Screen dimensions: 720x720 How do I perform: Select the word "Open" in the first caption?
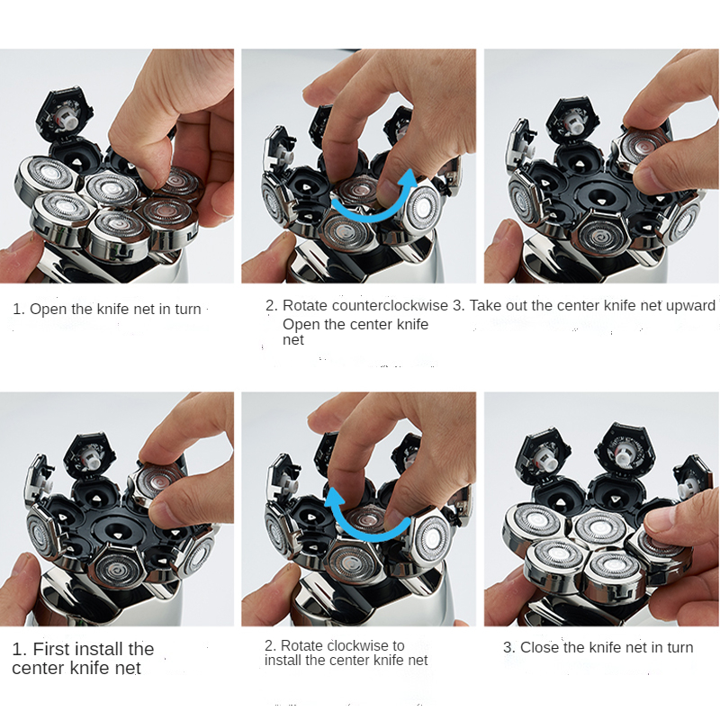pos(47,310)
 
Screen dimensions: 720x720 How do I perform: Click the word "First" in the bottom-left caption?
pos(51,649)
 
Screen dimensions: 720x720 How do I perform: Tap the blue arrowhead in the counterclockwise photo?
pos(408,179)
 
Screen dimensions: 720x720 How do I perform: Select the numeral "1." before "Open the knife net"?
pos(18,310)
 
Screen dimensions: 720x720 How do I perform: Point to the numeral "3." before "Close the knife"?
pos(509,647)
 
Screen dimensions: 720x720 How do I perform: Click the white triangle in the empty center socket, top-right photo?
pos(601,201)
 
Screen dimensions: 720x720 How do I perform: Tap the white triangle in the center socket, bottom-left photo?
pos(119,535)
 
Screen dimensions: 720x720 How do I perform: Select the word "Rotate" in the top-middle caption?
pos(305,305)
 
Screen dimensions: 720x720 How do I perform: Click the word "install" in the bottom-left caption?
pos(99,649)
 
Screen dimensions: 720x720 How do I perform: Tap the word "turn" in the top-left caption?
pos(187,310)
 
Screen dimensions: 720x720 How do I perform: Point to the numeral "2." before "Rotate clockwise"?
pos(270,645)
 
